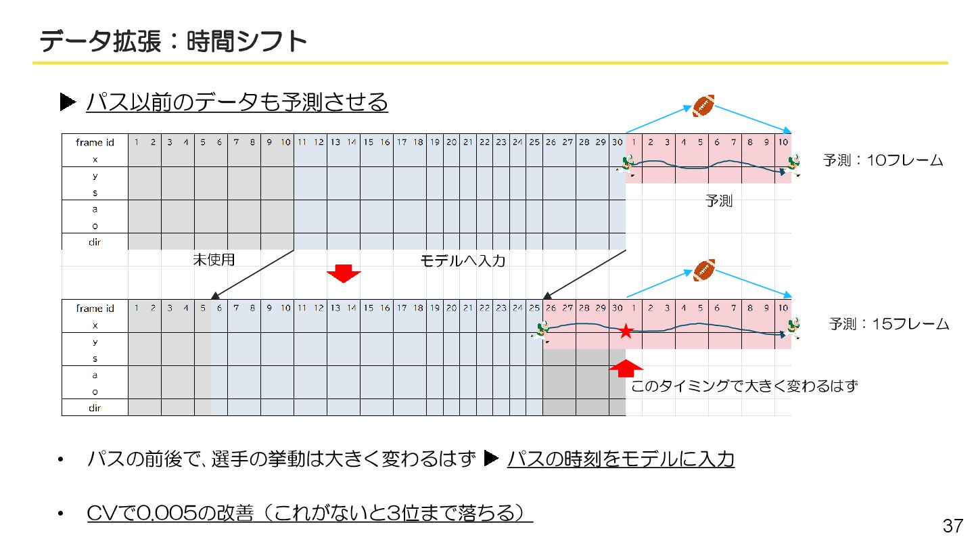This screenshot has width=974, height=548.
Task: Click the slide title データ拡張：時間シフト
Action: pyautogui.click(x=173, y=41)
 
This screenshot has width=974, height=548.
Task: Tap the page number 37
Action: pyautogui.click(x=952, y=526)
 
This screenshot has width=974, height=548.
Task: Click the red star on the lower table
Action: pyautogui.click(x=626, y=332)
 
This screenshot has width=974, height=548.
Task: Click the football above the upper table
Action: pyautogui.click(x=703, y=106)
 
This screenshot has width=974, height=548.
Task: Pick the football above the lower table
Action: pyautogui.click(x=704, y=269)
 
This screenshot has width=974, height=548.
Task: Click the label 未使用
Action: pyautogui.click(x=214, y=260)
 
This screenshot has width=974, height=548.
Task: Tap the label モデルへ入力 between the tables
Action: pyautogui.click(x=463, y=260)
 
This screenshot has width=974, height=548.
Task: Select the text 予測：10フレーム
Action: pyautogui.click(x=883, y=161)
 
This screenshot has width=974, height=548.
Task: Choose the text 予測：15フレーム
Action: pyautogui.click(x=889, y=324)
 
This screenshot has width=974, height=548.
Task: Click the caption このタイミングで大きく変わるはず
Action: pyautogui.click(x=744, y=386)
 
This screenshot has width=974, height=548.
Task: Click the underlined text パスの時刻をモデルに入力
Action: pyautogui.click(x=620, y=459)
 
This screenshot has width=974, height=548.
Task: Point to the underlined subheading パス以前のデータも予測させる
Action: pyautogui.click(x=237, y=102)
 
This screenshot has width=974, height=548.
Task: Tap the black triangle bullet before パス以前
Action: pyautogui.click(x=68, y=102)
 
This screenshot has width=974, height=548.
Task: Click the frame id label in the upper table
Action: pyautogui.click(x=95, y=142)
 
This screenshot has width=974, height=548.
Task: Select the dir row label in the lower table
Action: pyautogui.click(x=95, y=408)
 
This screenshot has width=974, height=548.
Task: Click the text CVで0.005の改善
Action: pyautogui.click(x=170, y=513)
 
